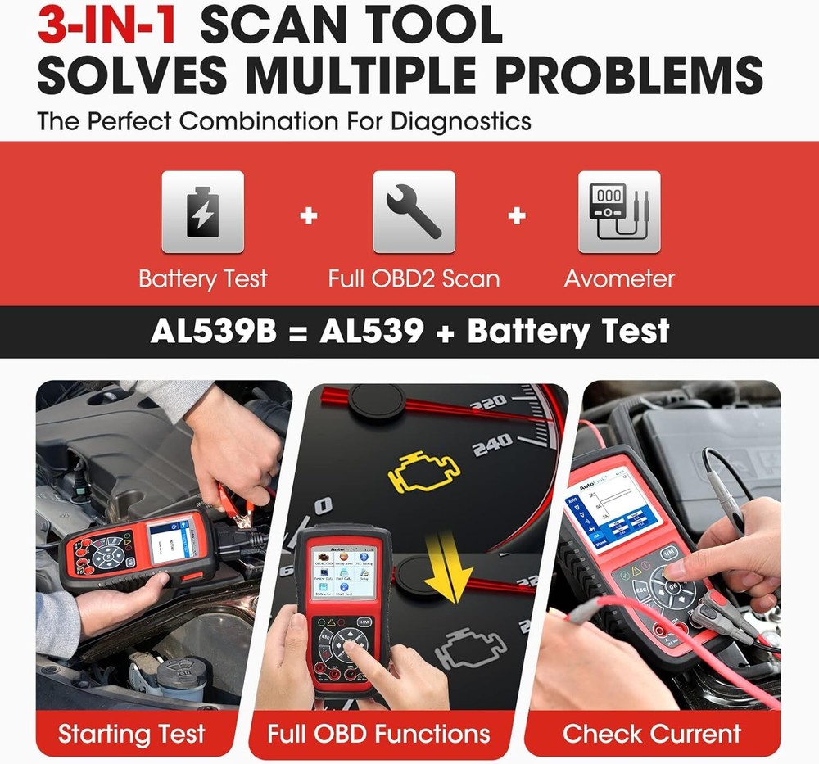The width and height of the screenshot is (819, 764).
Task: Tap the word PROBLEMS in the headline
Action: tap(629, 75)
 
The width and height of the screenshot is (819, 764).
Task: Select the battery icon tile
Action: tap(202, 212)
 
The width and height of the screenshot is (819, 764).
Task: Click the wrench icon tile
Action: tap(414, 212)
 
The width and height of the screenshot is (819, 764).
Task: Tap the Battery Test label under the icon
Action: tap(202, 278)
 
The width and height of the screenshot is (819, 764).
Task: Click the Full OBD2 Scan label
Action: tap(414, 278)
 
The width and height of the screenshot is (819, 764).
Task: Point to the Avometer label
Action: tap(619, 278)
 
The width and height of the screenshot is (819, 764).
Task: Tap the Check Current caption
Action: tap(652, 733)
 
